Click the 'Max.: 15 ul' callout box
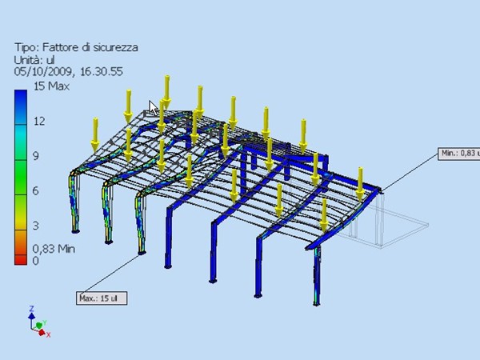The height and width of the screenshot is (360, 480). (x=102, y=298)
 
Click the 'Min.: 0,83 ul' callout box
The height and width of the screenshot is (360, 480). (x=459, y=154)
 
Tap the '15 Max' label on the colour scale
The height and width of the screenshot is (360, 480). (x=51, y=86)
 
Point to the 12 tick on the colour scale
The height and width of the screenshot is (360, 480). (x=39, y=122)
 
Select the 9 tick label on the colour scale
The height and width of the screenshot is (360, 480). (x=36, y=156)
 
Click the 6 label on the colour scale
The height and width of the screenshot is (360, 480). (x=36, y=191)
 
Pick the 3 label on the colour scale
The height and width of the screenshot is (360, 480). (x=36, y=226)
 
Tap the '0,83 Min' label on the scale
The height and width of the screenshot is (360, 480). (x=54, y=249)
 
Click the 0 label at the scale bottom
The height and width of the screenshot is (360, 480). (x=36, y=261)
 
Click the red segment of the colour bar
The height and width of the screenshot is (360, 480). (x=21, y=260)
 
